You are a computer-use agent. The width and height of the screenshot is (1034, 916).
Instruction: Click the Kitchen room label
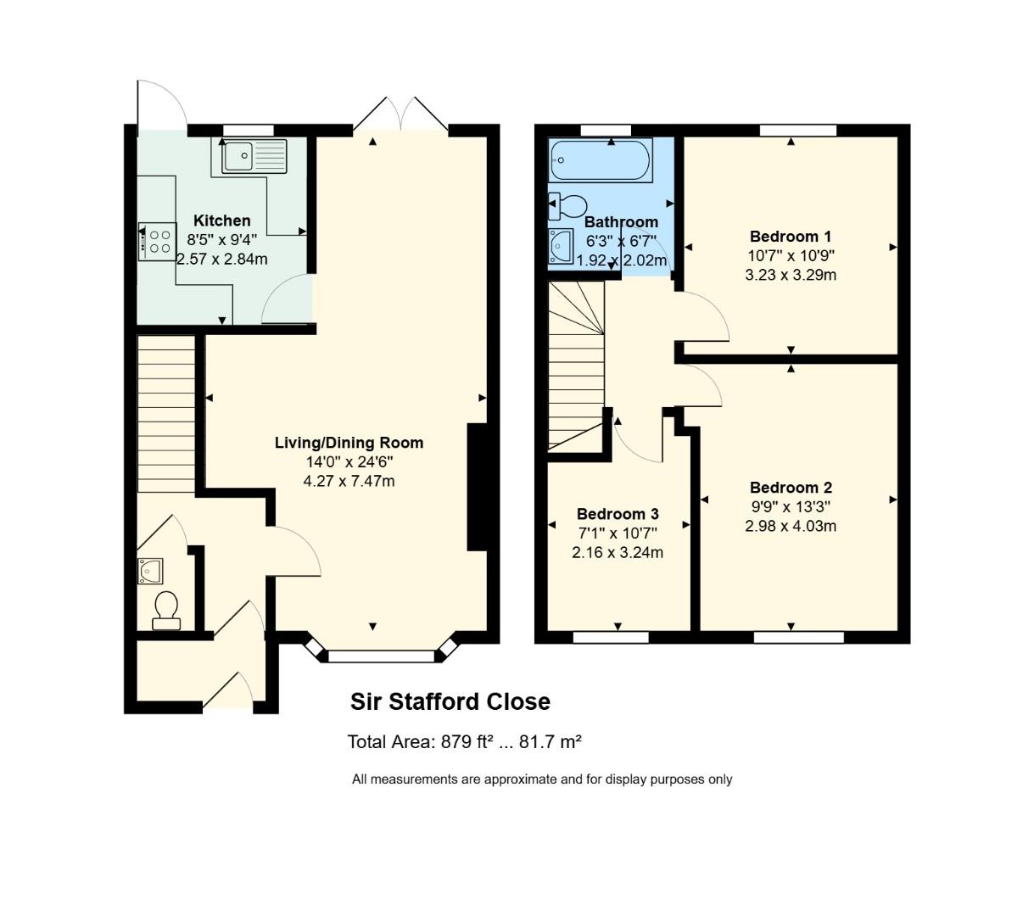(221, 221)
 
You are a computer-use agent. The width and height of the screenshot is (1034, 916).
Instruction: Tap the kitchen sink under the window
(254, 156)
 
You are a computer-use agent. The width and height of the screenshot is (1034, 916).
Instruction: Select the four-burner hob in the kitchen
(157, 241)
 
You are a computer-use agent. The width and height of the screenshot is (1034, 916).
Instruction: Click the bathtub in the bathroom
(601, 160)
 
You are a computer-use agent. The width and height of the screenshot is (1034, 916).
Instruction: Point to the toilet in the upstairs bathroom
(568, 205)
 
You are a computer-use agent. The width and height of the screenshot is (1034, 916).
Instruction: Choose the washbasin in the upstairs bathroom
(562, 245)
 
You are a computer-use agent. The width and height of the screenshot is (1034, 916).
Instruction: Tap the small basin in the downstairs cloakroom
(150, 572)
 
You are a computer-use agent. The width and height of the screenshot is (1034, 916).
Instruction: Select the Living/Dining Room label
(349, 443)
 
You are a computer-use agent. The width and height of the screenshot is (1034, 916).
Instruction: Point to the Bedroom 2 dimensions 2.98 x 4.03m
(791, 526)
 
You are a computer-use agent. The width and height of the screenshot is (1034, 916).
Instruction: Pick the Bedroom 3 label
(618, 514)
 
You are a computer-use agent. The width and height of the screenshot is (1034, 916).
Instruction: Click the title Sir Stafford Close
(450, 702)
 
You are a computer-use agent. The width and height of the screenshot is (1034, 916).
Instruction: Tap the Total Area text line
(464, 742)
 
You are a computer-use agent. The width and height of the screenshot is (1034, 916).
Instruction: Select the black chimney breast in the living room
(477, 488)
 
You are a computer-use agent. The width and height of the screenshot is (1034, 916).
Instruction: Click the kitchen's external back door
(162, 107)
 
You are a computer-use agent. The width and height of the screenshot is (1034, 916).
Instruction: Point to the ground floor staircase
(166, 413)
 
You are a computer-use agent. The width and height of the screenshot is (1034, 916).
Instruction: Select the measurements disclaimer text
(542, 779)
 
